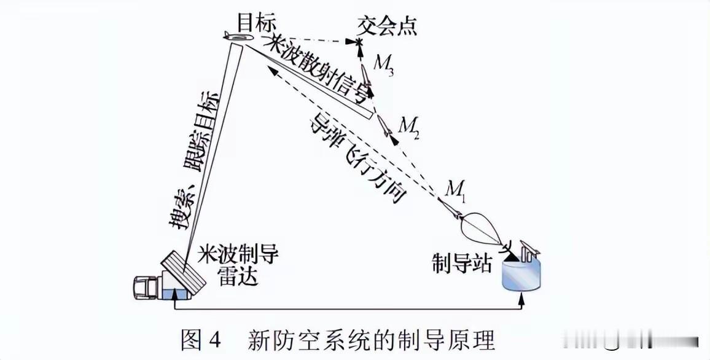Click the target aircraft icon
pyautogui.click(x=238, y=39)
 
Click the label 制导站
pyautogui.click(x=462, y=265)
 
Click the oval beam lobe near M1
pyautogui.click(x=483, y=227)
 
